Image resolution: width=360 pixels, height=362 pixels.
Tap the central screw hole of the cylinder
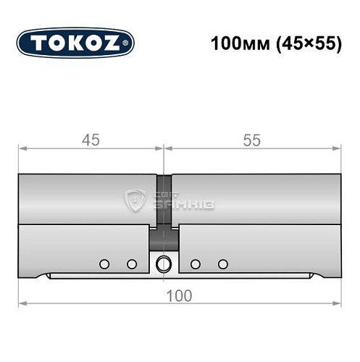click(x=164, y=264)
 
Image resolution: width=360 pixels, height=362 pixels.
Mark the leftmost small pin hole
click(x=104, y=264)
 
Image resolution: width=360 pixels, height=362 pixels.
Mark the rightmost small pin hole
click(x=223, y=264)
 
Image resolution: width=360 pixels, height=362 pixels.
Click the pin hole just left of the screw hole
click(x=132, y=264)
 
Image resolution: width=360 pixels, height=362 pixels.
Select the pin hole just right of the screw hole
click(x=195, y=264)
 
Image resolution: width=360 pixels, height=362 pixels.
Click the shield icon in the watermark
click(x=135, y=201)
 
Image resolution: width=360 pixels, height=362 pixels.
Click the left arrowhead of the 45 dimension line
click(x=23, y=149)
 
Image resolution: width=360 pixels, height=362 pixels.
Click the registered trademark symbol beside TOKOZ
click(x=130, y=43)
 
